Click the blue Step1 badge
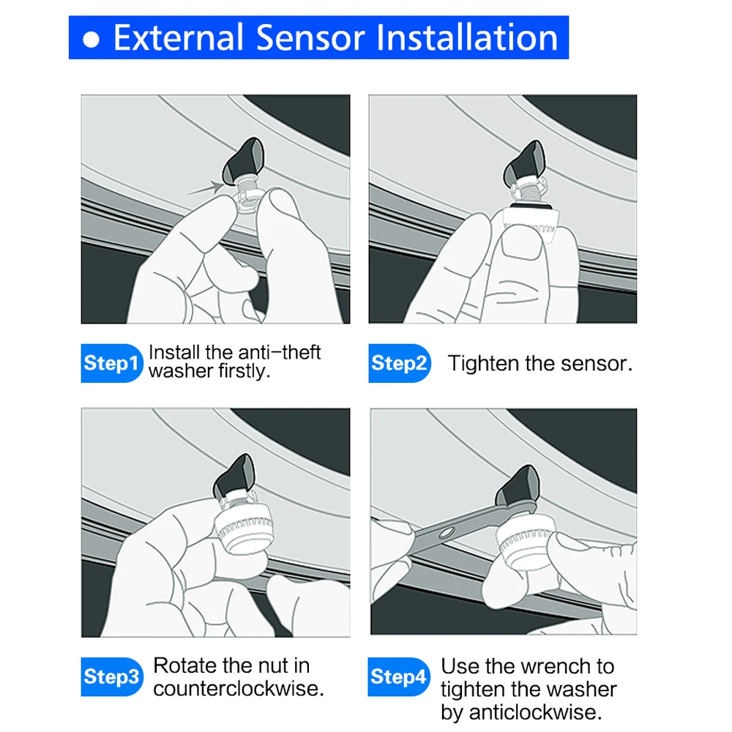coord(111,363)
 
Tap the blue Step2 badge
coord(399,363)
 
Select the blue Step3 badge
coord(111,676)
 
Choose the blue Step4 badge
coord(398,676)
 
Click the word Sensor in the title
coord(311,38)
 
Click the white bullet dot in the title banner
coord(91,40)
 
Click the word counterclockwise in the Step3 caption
coord(238,689)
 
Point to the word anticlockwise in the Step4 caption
coord(535,712)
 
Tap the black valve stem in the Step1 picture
coord(243,161)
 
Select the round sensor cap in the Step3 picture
coord(244,528)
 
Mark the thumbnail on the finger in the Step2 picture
coord(522,244)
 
